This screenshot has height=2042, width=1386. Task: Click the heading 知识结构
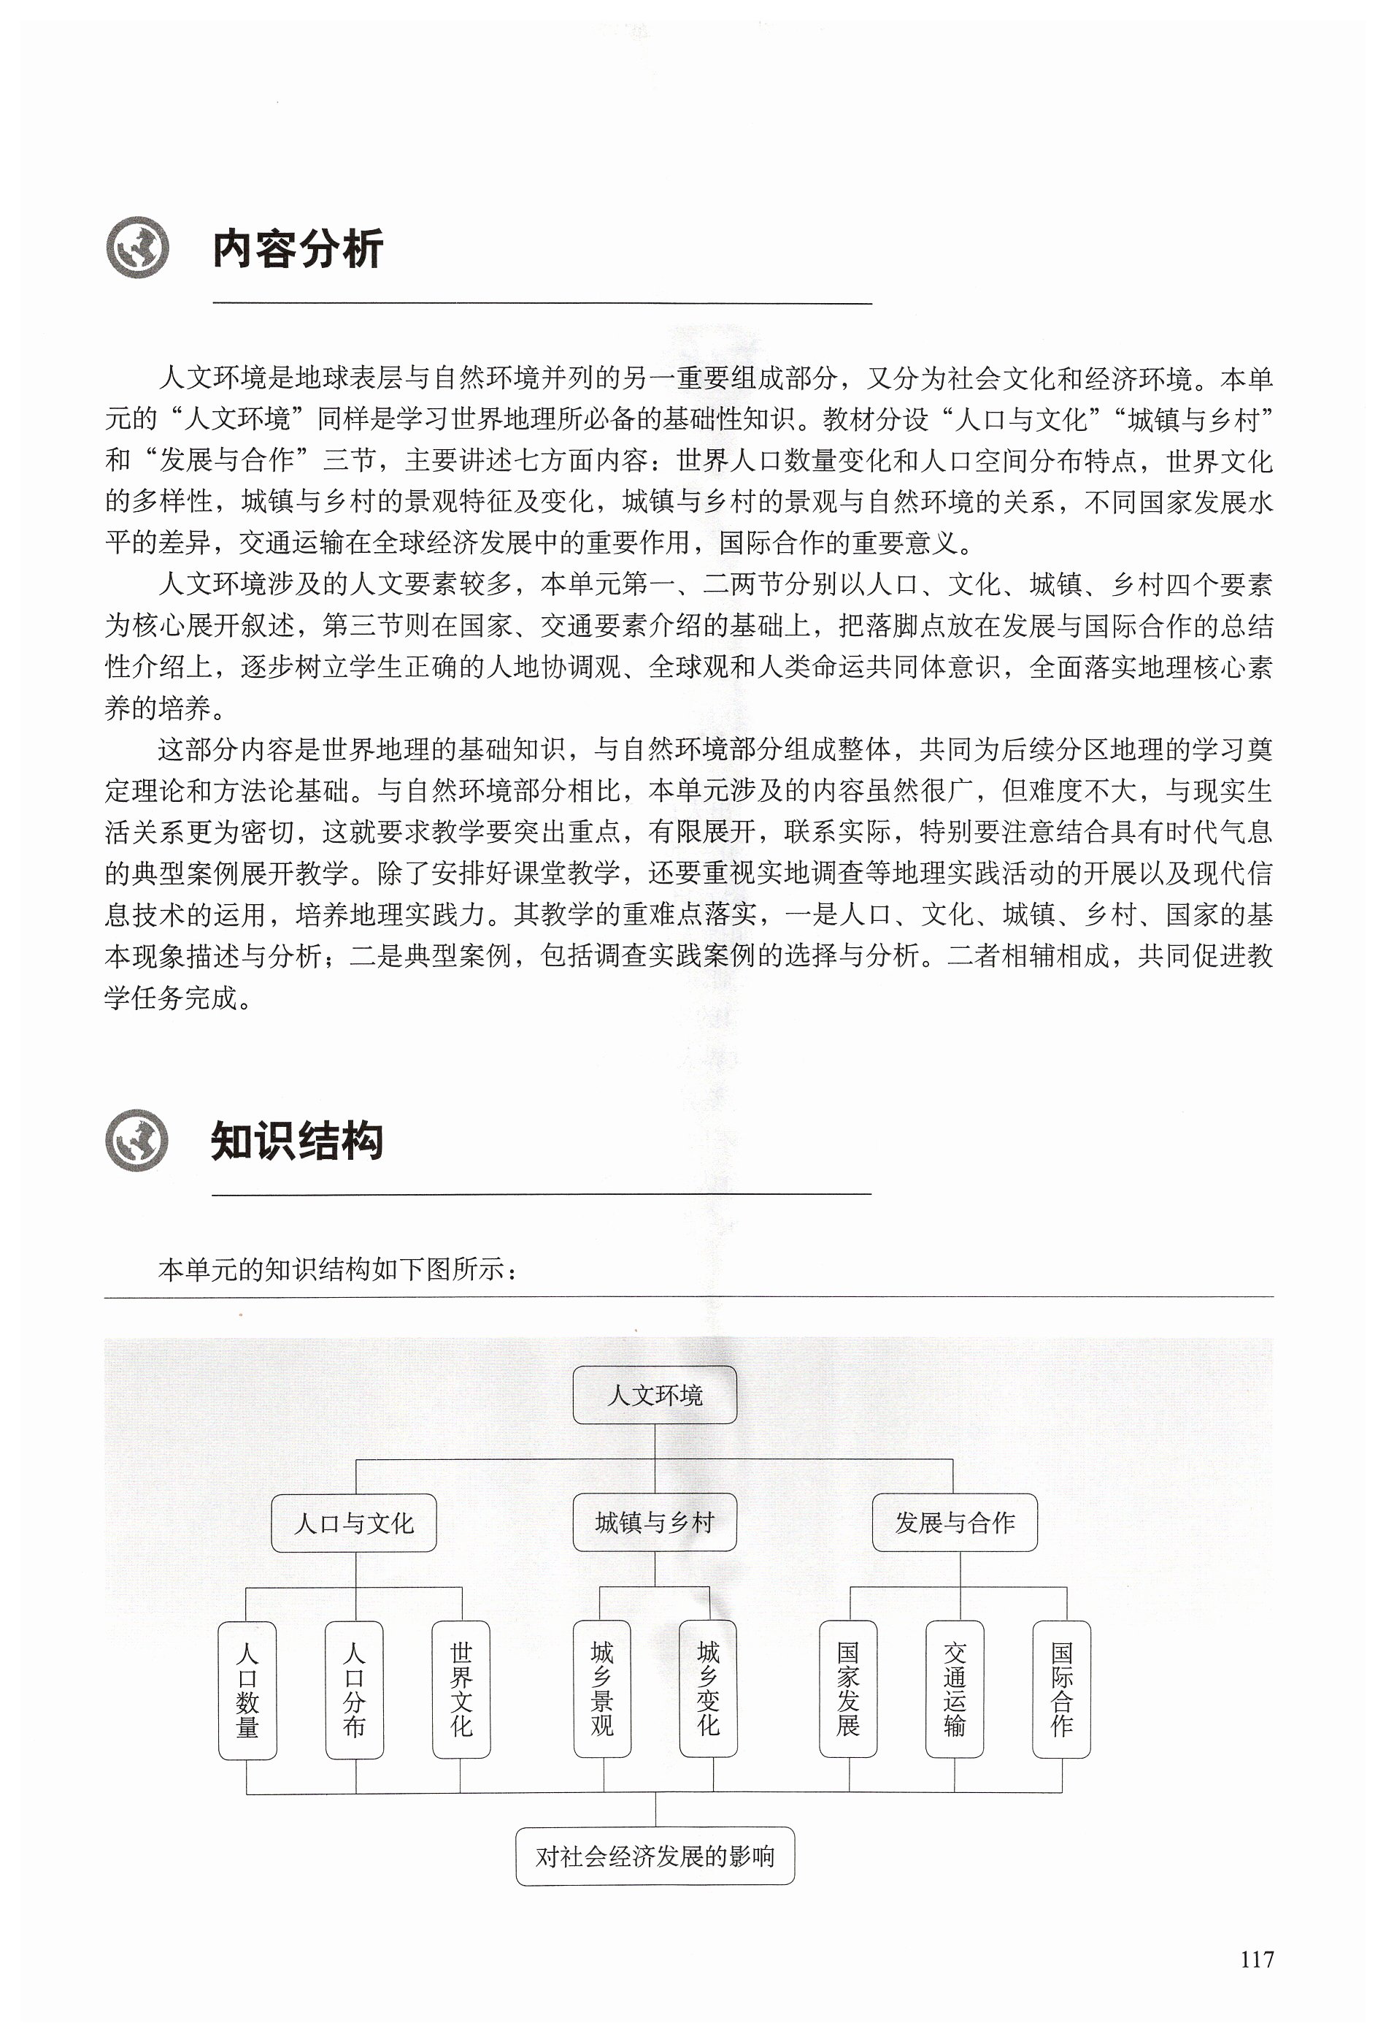pyautogui.click(x=297, y=1142)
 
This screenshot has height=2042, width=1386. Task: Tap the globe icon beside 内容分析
pyautogui.click(x=137, y=248)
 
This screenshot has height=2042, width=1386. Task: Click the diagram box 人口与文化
pyautogui.click(x=353, y=1523)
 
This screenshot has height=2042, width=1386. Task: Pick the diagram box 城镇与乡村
pyautogui.click(x=655, y=1522)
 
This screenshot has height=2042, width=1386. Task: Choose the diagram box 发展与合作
pyautogui.click(x=955, y=1523)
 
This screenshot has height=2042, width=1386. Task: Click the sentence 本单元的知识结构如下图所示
pyautogui.click(x=338, y=1269)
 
